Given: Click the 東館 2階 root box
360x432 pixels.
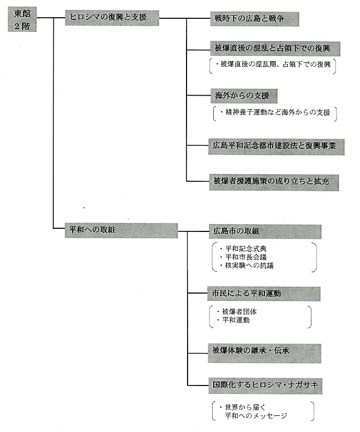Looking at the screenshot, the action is tap(22, 19).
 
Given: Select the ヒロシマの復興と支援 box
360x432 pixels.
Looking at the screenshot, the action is tap(112, 18).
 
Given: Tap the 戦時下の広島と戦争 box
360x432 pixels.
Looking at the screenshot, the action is tap(254, 19).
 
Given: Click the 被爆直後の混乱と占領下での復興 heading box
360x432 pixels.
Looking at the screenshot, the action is tap(275, 49).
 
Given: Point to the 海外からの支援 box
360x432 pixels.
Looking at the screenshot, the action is tap(244, 96).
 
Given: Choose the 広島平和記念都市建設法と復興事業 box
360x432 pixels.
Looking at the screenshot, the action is tap(276, 147).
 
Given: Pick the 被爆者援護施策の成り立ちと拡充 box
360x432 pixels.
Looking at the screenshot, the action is tap(274, 182).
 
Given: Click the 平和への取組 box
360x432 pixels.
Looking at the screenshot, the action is tap(121, 230).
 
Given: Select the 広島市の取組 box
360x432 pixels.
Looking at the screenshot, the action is tap(265, 232).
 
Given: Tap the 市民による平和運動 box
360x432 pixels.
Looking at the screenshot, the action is tap(264, 294).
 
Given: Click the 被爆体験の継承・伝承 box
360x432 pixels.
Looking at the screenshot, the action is tap(264, 353).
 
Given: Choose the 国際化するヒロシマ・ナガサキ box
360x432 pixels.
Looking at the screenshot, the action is tap(265, 386).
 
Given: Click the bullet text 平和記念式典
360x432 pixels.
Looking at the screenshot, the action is tap(246, 249).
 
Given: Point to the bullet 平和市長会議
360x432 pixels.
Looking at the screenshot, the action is tap(246, 257).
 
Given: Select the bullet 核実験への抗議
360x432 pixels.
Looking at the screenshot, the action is tap(249, 265).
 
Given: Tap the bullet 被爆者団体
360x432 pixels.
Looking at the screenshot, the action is tap(239, 312).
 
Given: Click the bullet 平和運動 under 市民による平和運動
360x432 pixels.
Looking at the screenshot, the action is tap(236, 320).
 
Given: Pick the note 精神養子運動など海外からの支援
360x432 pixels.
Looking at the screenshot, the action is tap(277, 112).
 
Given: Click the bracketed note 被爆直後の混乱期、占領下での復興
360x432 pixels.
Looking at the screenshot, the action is tap(275, 64).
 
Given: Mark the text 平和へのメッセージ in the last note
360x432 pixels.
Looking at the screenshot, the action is tap(256, 416).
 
